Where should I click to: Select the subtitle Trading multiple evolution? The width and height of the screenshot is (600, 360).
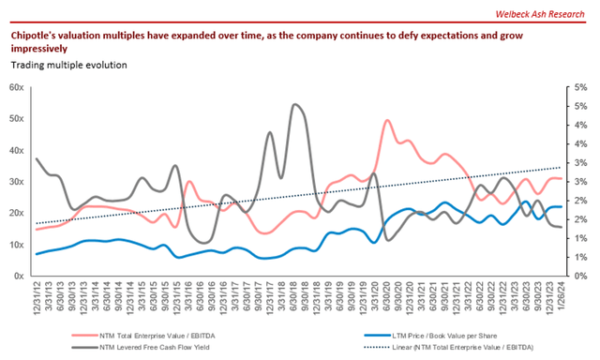pyautogui.click(x=69, y=65)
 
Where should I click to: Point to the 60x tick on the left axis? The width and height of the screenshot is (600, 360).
pyautogui.click(x=16, y=87)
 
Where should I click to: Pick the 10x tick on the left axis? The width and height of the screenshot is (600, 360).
pyautogui.click(x=16, y=245)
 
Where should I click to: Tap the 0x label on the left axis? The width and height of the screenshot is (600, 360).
pyautogui.click(x=19, y=277)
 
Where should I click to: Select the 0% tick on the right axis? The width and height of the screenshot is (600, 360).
pyautogui.click(x=580, y=277)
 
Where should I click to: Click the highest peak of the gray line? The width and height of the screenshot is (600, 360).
pyautogui.click(x=295, y=104)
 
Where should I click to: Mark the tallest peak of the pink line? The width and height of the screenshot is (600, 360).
pyautogui.click(x=387, y=121)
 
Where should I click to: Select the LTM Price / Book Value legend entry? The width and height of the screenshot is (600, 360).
pyautogui.click(x=441, y=332)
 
